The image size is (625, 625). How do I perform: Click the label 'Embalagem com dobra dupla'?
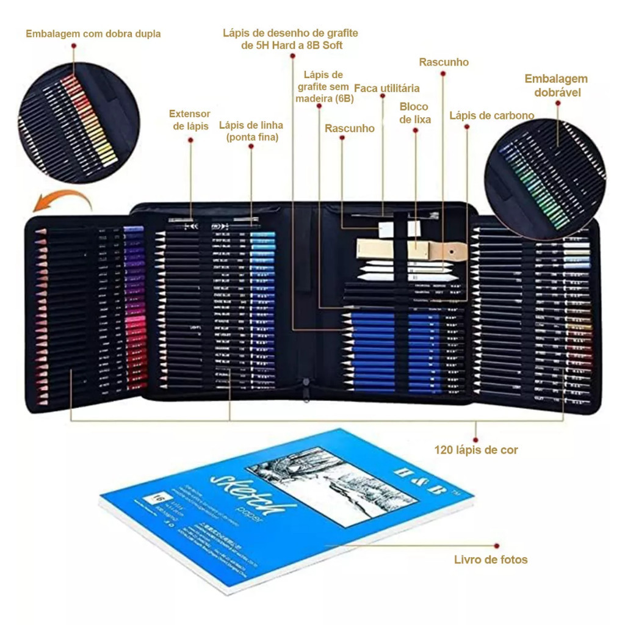coord(93,34)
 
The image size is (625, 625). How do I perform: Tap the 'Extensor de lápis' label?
coord(190,120)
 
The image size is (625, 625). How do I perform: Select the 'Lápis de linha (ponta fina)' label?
coord(251,131)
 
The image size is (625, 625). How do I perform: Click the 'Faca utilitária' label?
coord(387,88)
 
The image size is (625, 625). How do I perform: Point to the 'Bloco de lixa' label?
coord(415,113)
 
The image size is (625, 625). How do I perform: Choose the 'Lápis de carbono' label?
coord(492,115)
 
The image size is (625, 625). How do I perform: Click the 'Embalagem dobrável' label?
coord(556,85)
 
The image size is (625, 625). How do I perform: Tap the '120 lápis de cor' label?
coord(476,450)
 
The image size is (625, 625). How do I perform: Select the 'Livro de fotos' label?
coord(491,559)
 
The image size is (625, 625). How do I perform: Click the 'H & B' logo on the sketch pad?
coord(426,480)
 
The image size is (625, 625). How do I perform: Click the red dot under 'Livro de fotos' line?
coord(497,545)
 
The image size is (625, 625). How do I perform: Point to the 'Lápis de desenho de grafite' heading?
coord(291,39)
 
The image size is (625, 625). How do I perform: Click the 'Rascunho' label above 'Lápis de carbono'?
coord(444,62)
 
